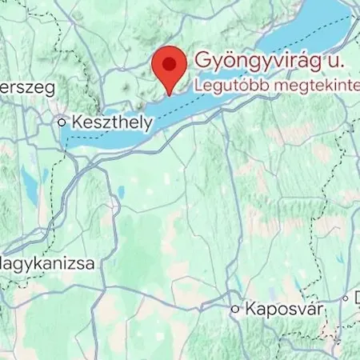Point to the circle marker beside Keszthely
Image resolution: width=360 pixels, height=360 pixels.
[62, 122]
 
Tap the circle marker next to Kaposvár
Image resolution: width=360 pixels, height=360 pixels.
[235, 308]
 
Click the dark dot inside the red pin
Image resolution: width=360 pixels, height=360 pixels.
[169, 62]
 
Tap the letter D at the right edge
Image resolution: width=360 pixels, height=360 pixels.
[354, 298]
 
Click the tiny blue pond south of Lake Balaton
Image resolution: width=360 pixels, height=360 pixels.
[120, 192]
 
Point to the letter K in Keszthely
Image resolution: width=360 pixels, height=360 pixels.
[77, 123]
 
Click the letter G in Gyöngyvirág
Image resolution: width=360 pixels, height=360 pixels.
[201, 61]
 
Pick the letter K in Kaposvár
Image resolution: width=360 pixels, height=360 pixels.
[251, 308]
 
